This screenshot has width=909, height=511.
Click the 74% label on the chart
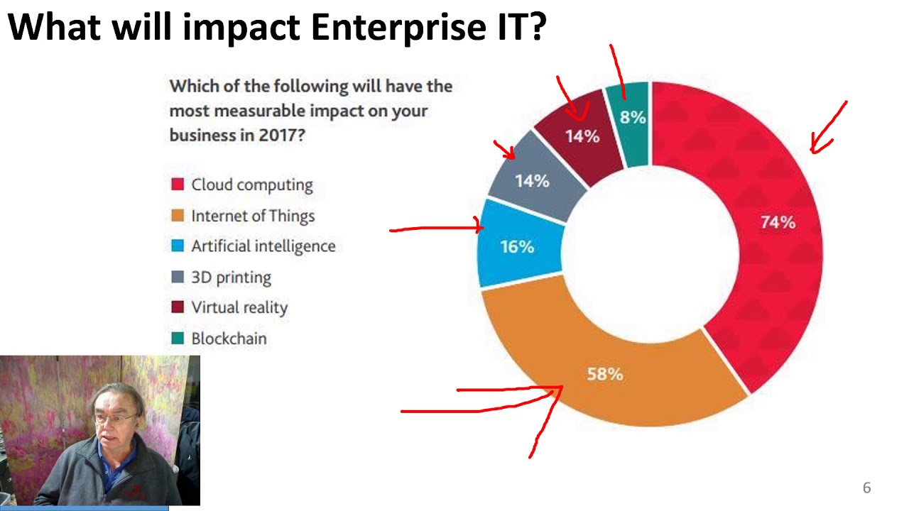778,222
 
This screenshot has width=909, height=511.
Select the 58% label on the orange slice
605,374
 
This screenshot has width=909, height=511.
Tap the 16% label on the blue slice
517,246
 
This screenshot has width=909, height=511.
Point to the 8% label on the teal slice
632,117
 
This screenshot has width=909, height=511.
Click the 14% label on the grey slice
532,181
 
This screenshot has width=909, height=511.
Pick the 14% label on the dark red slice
582,136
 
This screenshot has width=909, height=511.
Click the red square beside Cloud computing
178,185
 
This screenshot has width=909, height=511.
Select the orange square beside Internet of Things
178,216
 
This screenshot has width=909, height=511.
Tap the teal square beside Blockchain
178,339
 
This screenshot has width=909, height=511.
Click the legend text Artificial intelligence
263,246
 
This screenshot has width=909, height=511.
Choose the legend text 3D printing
231,277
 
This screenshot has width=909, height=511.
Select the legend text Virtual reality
239,307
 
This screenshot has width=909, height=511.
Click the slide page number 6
866,488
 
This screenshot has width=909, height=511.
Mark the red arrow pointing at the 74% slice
827,128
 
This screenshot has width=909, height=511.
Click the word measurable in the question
263,111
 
